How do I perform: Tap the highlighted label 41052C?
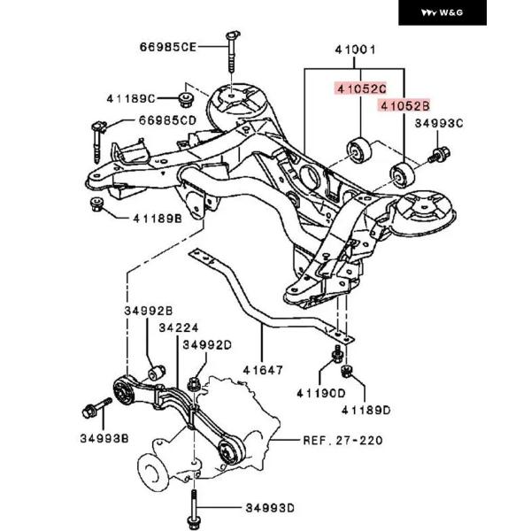pyautogui.click(x=360, y=88)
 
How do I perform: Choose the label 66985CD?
pyautogui.click(x=167, y=119)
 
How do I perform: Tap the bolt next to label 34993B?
pyautogui.click(x=91, y=412)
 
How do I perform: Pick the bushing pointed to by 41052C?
pyautogui.click(x=360, y=150)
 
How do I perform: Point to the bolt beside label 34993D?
pyautogui.click(x=195, y=508)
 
